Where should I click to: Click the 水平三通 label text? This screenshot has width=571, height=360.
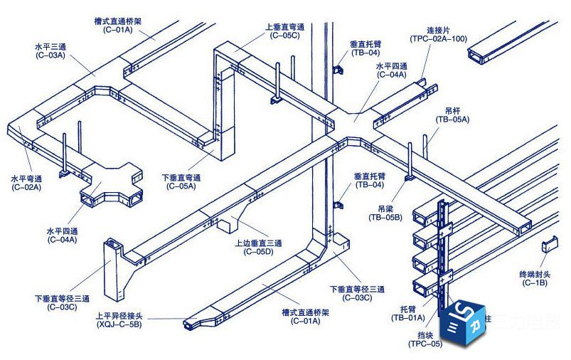(x=50, y=46)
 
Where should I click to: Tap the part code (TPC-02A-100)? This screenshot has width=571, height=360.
(x=439, y=38)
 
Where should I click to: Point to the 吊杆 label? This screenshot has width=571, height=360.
(x=453, y=111)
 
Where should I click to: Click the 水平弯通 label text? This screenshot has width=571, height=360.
(x=27, y=179)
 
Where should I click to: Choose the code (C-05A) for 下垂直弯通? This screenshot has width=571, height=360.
(x=181, y=186)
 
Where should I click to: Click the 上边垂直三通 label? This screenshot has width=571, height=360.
(x=259, y=243)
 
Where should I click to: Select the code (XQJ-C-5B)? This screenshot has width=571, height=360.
(x=119, y=324)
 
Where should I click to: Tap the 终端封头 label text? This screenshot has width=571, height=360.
(x=535, y=274)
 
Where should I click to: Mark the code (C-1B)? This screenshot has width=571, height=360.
(x=535, y=283)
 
